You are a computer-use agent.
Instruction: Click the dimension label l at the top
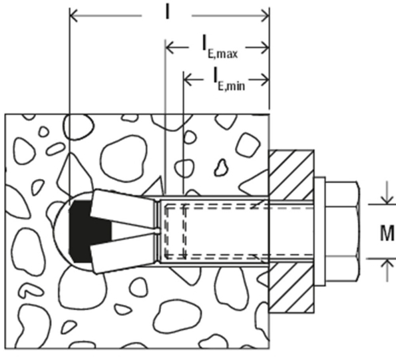[167, 13]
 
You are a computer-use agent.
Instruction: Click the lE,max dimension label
[220, 47]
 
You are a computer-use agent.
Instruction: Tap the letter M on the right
[387, 234]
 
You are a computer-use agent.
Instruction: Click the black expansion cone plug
[86, 232]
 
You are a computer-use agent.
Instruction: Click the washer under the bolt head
[319, 232]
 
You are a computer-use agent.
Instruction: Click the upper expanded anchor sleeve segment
[124, 207]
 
